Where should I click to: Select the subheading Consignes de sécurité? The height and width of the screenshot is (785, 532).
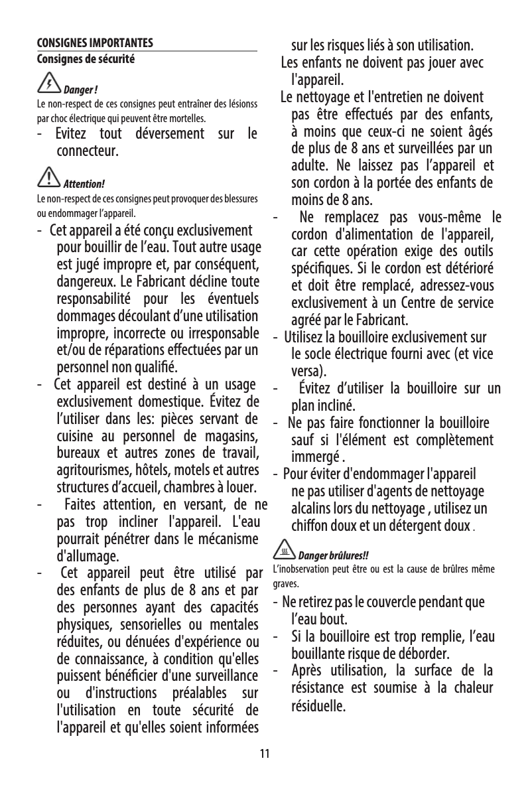click(x=86, y=59)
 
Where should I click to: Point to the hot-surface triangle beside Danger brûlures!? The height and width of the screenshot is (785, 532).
click(x=283, y=551)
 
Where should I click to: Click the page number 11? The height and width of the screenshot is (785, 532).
click(x=265, y=754)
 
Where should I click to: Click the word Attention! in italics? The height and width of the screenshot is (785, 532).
click(x=84, y=183)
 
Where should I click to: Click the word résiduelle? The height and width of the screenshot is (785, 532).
click(x=318, y=721)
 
